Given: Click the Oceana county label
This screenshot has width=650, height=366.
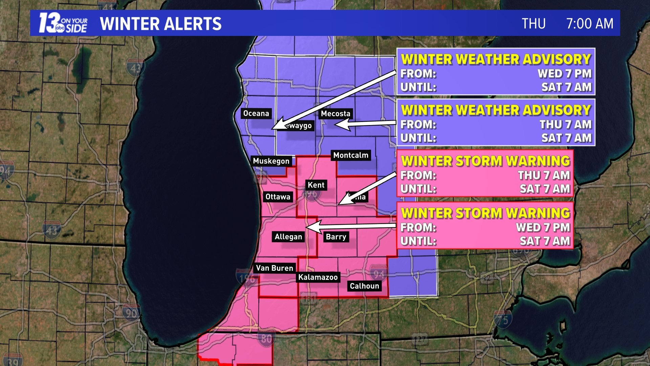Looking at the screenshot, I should [256, 114].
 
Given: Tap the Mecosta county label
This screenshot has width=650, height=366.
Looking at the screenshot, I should [335, 114].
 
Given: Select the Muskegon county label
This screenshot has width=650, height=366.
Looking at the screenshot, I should [271, 161].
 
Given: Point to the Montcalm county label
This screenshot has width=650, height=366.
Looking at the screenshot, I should [351, 155].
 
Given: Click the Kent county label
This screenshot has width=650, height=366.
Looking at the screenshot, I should [316, 185].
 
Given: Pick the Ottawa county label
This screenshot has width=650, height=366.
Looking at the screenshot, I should [278, 197].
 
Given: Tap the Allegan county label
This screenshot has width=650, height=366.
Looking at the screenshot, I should [288, 237].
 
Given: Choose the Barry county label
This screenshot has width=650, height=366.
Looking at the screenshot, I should [336, 237].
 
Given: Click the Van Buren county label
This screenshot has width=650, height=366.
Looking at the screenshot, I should [275, 268].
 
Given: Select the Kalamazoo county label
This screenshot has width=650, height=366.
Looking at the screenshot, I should [318, 277].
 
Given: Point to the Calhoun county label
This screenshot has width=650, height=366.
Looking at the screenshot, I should [364, 286].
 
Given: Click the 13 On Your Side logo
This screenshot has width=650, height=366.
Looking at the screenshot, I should [63, 23].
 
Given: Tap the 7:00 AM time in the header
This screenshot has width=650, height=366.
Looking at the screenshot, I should [589, 24].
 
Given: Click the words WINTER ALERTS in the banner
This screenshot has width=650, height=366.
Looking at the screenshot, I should [161, 24].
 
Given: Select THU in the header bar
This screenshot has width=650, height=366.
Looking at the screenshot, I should [534, 24].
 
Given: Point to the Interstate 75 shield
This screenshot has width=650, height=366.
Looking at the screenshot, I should [502, 320].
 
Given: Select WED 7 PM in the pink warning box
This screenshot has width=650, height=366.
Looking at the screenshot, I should [543, 227].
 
